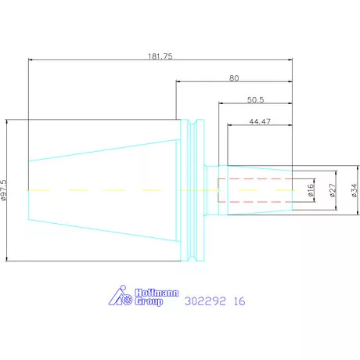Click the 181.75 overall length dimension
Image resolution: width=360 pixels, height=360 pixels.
click(160, 56)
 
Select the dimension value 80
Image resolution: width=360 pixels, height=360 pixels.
click(234, 78)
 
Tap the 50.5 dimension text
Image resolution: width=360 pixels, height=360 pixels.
click(255, 100)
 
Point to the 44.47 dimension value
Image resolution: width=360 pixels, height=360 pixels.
click(260, 121)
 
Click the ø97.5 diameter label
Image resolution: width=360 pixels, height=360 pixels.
click(4, 190)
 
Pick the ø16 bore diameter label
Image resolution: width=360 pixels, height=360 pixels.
click(311, 190)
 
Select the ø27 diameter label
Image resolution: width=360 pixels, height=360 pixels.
click(332, 190)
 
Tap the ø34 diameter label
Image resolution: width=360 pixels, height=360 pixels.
click(354, 190)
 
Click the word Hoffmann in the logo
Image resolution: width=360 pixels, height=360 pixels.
click(157, 293)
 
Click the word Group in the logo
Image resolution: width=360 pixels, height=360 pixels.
click(149, 301)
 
